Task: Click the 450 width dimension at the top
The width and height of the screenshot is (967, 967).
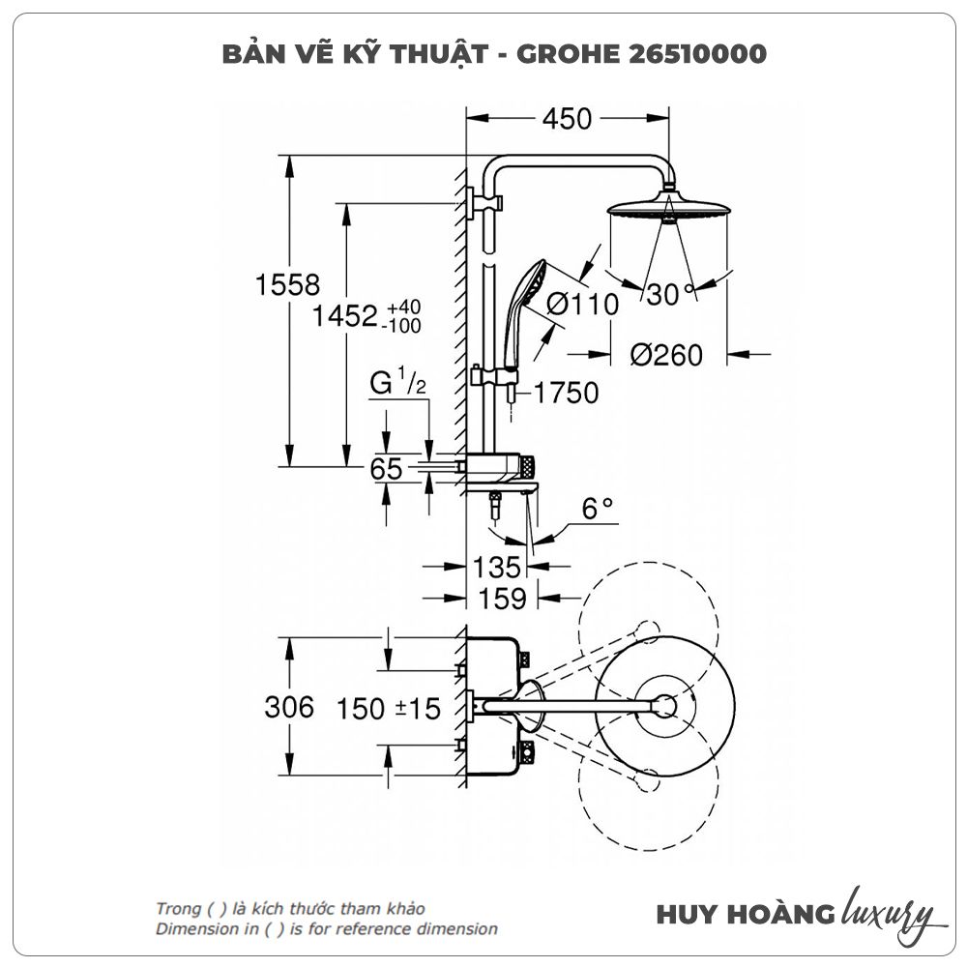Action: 567,119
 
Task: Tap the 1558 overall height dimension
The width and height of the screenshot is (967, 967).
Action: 287,285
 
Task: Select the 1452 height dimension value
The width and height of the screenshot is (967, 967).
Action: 344,316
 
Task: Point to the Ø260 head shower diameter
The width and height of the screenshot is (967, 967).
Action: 666,355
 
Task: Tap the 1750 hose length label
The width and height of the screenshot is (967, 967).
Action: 565,394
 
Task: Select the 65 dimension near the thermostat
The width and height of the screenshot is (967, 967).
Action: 387,469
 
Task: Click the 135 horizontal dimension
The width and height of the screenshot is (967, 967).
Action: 497,567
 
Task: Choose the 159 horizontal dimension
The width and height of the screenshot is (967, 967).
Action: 503,600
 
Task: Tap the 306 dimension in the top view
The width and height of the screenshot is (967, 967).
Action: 289,708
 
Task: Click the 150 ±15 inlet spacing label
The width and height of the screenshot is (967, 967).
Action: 389,709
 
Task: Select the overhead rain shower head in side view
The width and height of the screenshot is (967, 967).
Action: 666,210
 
